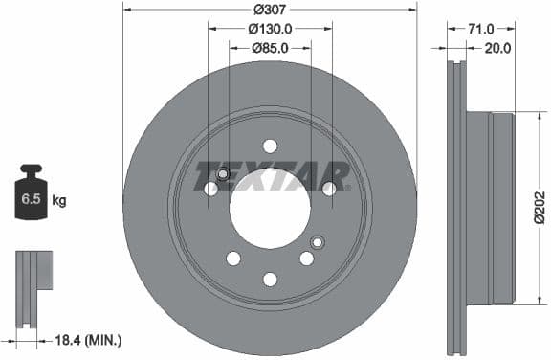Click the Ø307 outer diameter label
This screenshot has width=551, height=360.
coord(271,11)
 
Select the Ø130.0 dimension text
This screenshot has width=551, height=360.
coord(271,29)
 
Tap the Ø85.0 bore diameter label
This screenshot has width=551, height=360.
coord(271,47)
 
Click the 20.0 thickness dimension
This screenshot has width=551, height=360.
coord(498,47)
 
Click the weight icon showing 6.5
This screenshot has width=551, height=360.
coord(31,198)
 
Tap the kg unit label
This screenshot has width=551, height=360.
coord(59,200)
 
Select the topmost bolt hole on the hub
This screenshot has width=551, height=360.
coord(270,146)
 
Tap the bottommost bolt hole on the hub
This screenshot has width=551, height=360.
coord(270,279)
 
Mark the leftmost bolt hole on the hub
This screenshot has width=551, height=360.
coord(211,189)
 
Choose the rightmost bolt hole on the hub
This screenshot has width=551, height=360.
coord(329,189)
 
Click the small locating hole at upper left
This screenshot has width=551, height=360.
coord(223,174)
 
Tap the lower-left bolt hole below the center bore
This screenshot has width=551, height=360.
coord(233,259)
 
